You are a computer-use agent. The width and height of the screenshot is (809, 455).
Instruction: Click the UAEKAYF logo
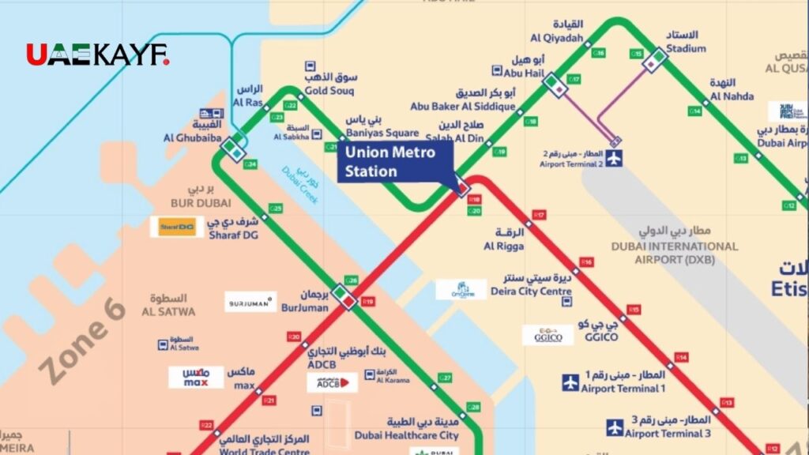click(x=97, y=55)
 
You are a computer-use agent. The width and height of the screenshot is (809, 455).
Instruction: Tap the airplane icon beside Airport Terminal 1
click(x=570, y=382)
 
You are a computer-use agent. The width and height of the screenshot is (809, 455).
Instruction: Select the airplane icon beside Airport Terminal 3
click(x=615, y=427)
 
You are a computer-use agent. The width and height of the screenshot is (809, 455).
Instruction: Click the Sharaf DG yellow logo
click(x=177, y=227)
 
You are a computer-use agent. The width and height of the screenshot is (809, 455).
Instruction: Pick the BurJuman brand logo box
click(x=250, y=302)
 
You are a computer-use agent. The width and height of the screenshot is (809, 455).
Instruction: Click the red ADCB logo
click(x=333, y=383)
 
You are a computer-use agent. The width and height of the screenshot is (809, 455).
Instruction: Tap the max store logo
click(x=196, y=377)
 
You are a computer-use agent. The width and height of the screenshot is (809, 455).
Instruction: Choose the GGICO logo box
click(x=547, y=335)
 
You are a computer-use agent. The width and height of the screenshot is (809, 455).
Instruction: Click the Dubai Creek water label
click(x=301, y=186)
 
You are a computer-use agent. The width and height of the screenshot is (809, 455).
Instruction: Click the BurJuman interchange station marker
click(x=344, y=296)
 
